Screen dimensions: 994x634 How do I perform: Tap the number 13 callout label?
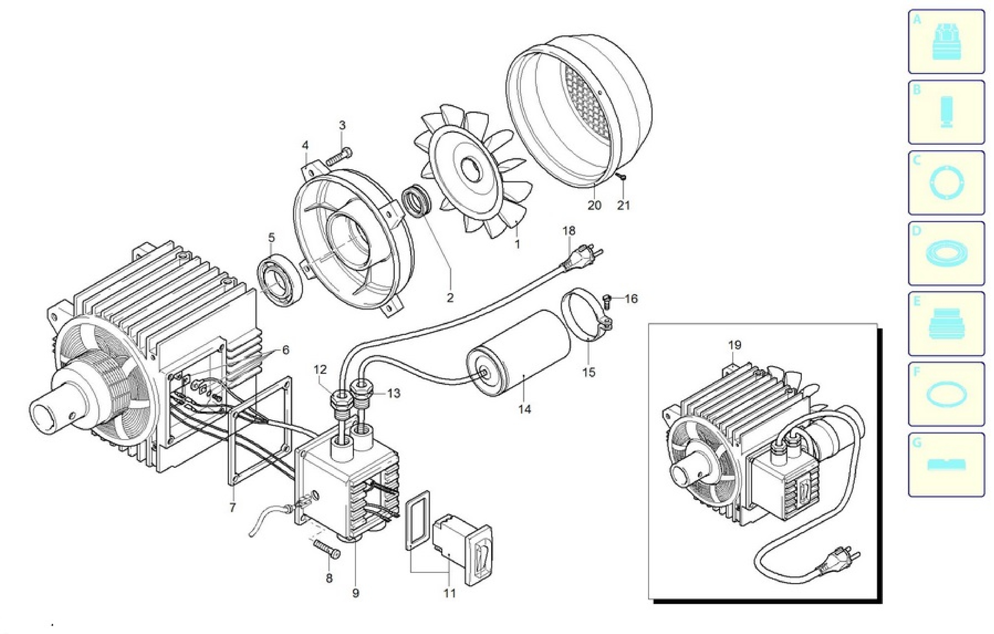394,393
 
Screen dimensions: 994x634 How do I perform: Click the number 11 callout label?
449,593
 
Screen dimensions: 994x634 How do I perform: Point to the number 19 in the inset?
734,345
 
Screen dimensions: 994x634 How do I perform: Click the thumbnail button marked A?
946,42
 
